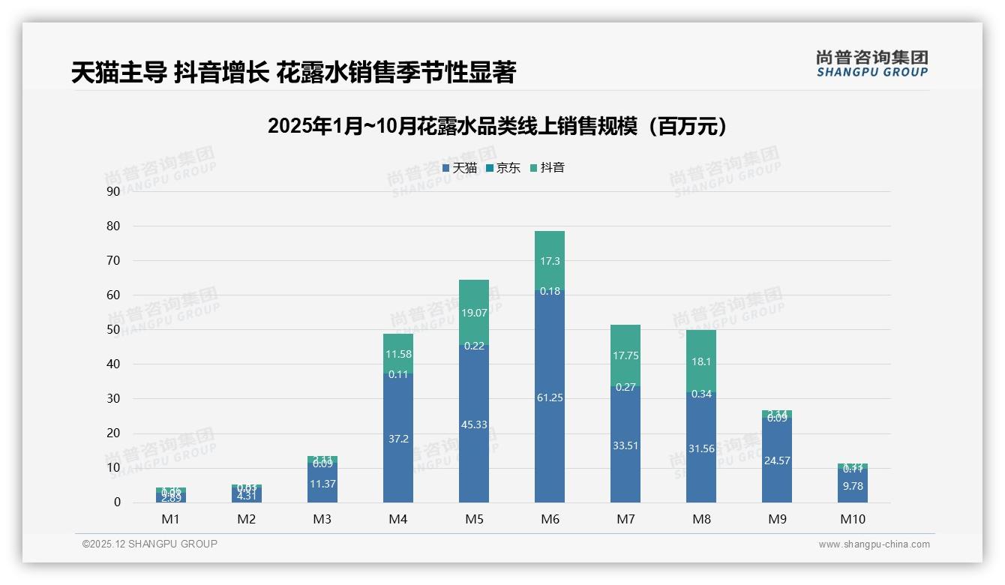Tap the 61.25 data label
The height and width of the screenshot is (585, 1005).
pos(550,397)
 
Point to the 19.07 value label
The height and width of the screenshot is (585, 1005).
pos(474,313)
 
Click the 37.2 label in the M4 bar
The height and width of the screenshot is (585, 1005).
pos(398,439)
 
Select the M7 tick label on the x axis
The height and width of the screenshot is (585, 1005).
pos(625,519)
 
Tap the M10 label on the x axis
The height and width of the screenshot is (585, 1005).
pos(853,519)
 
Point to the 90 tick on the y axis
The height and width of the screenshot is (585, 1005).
pos(113,191)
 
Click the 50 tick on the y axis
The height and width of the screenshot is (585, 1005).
pos(113,330)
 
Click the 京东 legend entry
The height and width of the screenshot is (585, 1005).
pos(503,168)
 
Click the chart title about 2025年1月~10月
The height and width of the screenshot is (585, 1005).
pos(497,126)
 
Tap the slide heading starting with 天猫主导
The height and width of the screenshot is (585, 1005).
pos(293,73)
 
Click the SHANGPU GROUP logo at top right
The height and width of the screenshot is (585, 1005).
pos(871,64)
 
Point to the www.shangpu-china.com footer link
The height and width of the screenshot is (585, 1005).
pos(874,544)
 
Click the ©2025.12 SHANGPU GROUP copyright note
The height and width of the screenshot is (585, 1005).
pos(150,544)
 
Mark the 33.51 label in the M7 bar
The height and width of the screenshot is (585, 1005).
pos(625,445)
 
